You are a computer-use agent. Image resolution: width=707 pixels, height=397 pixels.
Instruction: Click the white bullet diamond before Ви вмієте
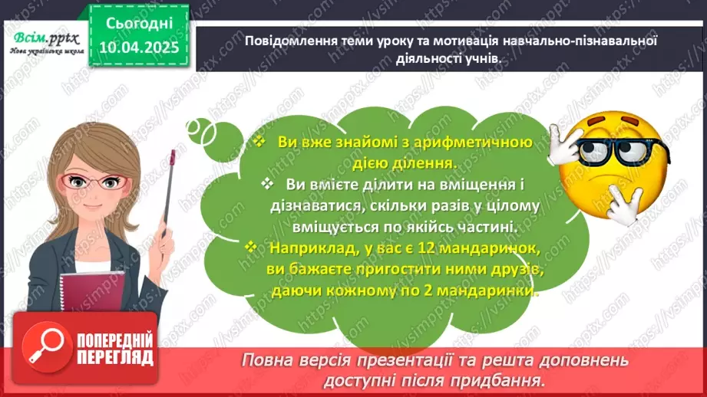pos(266,185)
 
